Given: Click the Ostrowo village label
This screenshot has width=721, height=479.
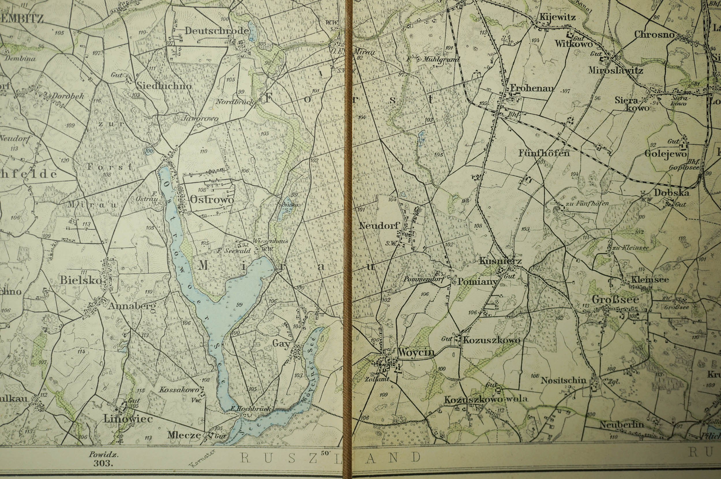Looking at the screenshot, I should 212,200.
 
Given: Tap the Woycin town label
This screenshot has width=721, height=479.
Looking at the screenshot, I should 416,352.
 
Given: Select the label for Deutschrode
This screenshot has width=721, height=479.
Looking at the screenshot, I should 216,31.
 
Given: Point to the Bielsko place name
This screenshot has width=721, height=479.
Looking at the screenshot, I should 81,280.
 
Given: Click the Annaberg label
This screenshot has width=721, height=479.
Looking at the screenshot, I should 132,305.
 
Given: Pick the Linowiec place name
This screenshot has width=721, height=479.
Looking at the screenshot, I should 128,419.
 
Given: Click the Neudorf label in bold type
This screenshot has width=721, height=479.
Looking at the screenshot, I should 379,226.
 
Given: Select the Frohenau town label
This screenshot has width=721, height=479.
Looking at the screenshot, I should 532,89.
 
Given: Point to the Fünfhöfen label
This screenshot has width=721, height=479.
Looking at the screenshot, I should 544,153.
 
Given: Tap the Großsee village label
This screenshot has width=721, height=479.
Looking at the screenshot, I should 615,300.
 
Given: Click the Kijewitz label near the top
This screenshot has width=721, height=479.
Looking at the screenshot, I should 558,17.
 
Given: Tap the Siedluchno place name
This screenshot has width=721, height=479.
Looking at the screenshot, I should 164,86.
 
